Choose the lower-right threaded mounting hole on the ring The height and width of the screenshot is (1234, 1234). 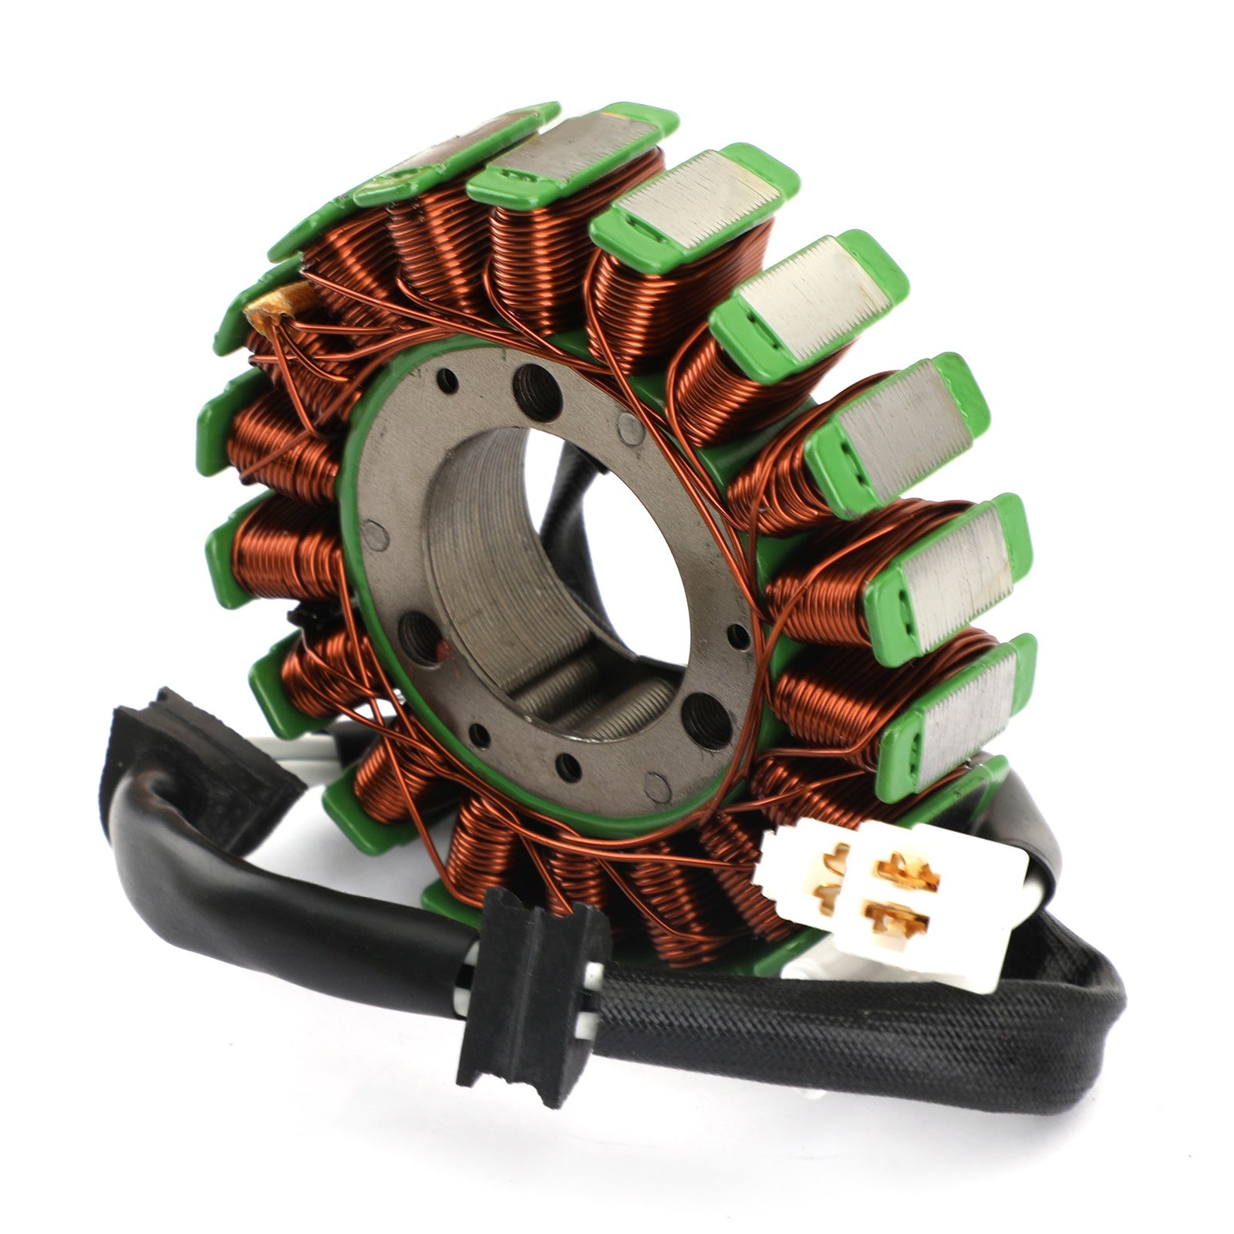(708, 717)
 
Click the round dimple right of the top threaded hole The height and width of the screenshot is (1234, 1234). (631, 426)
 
